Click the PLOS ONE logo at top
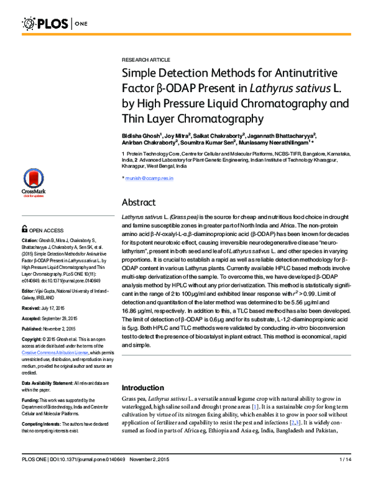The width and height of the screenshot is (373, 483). pos(53,24)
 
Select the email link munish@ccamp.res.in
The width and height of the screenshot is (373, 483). pos(150,178)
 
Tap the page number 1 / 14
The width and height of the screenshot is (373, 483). pos(346,476)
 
